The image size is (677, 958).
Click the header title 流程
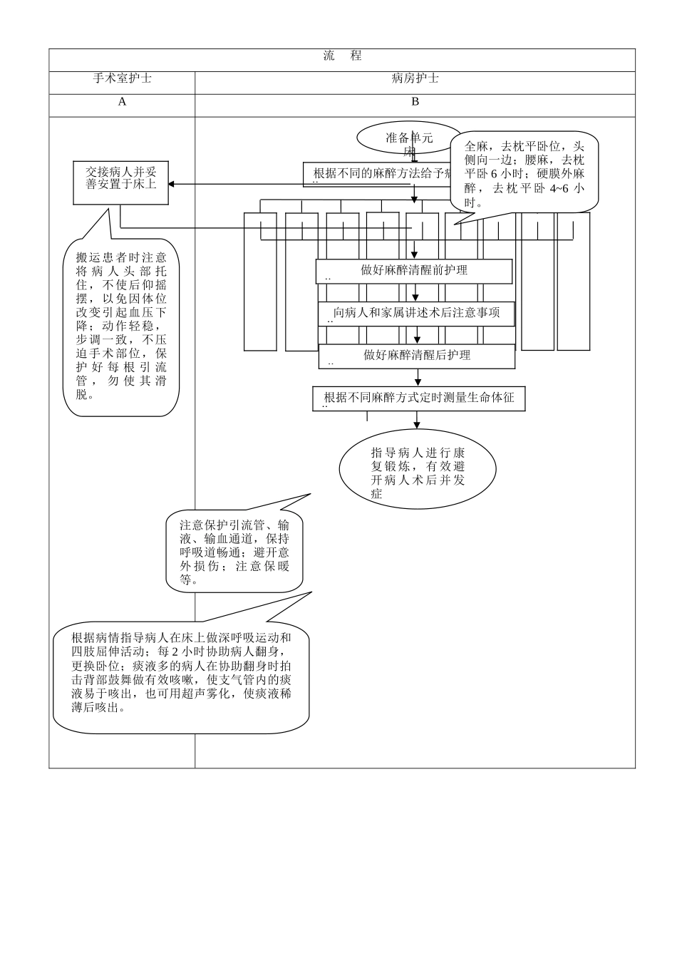coord(342,56)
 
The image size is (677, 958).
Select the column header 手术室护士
coord(122,78)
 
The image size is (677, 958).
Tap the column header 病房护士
coord(415,78)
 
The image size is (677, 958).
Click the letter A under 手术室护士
coord(122,102)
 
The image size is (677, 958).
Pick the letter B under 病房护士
coord(415,102)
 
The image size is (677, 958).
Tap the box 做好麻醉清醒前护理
coord(414,271)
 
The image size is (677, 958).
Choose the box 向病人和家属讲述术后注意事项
coord(416,313)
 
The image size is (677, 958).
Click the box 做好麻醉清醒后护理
coord(417,356)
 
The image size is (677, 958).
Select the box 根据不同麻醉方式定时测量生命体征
coord(419,398)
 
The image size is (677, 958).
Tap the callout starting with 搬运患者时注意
coord(121,326)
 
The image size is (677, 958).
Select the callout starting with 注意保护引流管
coord(234,551)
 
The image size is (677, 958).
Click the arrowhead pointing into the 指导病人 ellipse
coord(418,425)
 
